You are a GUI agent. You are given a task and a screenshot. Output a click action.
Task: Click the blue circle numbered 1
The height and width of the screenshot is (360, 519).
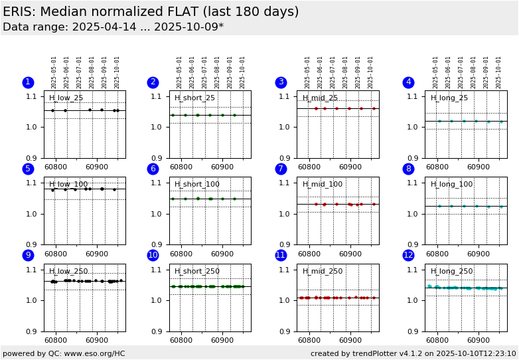click(28, 82)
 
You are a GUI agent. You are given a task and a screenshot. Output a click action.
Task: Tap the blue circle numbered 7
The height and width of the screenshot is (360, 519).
click(281, 169)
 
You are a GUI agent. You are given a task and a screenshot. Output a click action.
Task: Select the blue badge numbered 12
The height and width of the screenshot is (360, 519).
click(408, 256)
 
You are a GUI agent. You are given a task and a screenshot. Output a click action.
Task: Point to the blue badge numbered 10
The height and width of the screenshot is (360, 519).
click(153, 256)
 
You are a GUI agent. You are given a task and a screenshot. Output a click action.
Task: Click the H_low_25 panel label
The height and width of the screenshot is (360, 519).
click(66, 98)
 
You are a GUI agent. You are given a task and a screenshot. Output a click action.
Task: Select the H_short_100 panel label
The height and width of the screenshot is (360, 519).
click(197, 185)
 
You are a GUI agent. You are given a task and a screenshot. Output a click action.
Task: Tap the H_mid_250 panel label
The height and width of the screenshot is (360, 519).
click(323, 272)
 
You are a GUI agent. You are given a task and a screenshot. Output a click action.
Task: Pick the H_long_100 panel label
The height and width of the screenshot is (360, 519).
click(452, 185)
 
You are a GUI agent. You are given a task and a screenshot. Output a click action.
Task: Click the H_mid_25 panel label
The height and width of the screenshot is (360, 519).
click(321, 98)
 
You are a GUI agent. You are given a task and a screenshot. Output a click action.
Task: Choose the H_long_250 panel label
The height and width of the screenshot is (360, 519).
click(452, 272)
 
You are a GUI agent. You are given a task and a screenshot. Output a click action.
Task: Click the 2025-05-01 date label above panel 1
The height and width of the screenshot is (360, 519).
click(54, 72)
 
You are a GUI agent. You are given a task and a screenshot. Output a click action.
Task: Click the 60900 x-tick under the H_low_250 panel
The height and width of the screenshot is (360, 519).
click(97, 341)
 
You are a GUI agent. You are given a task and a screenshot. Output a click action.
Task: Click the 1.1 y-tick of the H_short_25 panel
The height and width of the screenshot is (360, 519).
click(159, 96)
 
